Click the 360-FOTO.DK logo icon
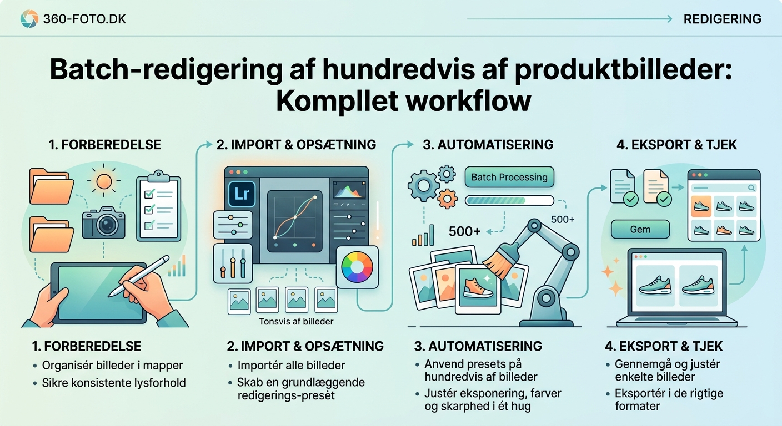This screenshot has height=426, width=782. [x=29, y=19]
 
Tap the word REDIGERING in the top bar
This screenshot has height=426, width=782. [x=722, y=19]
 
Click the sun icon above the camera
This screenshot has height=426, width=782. [x=104, y=181]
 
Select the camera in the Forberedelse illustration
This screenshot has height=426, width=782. [x=104, y=221]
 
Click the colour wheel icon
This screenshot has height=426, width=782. [x=357, y=268]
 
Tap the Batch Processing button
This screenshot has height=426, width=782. [x=509, y=177]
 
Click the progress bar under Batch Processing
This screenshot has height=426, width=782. [x=509, y=200]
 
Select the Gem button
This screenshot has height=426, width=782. [x=640, y=229]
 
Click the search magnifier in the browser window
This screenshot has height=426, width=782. [x=751, y=187]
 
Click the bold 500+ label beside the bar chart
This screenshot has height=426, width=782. [x=464, y=231]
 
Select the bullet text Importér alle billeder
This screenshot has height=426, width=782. [x=291, y=366]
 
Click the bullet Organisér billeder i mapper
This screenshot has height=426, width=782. [x=112, y=366]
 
